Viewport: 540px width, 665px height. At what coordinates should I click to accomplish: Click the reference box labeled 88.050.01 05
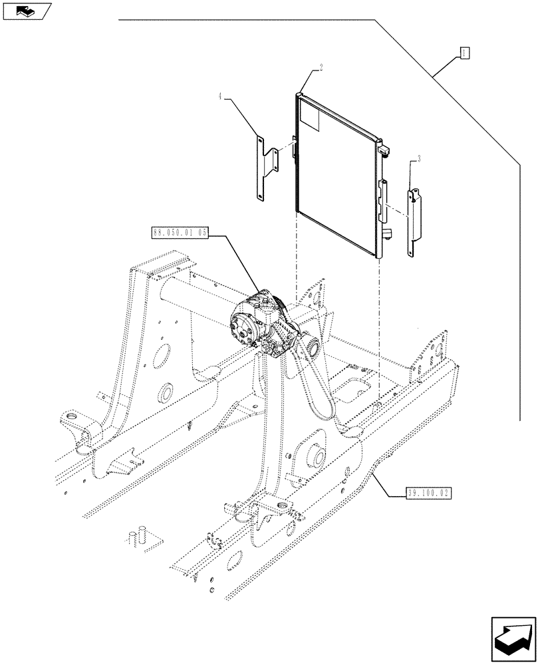[180, 233]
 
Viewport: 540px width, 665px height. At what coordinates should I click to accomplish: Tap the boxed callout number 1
[465, 53]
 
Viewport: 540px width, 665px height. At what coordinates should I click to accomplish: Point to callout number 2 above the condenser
[321, 68]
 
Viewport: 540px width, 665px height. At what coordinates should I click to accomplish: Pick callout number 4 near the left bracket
[219, 97]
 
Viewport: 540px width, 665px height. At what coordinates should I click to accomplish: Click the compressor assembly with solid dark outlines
[259, 319]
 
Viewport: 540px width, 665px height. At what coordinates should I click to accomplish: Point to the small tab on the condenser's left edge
[293, 149]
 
